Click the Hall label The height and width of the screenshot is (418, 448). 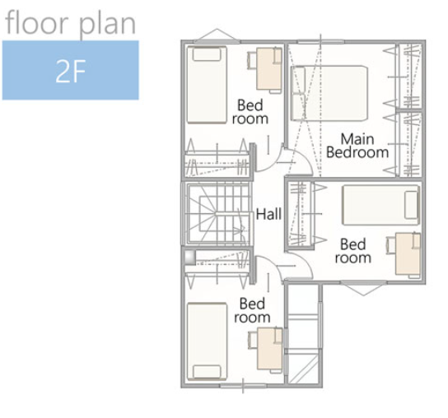pyautogui.click(x=268, y=214)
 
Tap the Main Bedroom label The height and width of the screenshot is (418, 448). pyautogui.click(x=357, y=146)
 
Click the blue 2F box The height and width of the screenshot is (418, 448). pyautogui.click(x=71, y=70)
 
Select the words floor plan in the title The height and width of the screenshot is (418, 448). pyautogui.click(x=70, y=23)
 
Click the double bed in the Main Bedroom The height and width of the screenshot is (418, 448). pyautogui.click(x=329, y=93)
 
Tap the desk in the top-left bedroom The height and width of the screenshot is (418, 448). pyautogui.click(x=268, y=69)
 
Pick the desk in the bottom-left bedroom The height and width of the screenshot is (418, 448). pyautogui.click(x=270, y=349)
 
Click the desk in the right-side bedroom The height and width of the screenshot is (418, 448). pyautogui.click(x=408, y=254)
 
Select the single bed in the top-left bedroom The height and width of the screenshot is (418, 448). pyautogui.click(x=207, y=85)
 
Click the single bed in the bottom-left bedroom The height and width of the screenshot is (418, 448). pyautogui.click(x=207, y=341)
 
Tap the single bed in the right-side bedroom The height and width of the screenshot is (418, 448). pyautogui.click(x=380, y=205)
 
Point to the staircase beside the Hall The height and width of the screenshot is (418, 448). pyautogui.click(x=217, y=213)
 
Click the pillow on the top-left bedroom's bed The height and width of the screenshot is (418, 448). pyautogui.click(x=207, y=54)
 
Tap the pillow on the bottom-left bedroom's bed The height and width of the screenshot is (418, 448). pyautogui.click(x=207, y=372)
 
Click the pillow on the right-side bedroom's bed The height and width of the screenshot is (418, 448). pyautogui.click(x=411, y=205)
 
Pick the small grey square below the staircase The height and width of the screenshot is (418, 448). pyautogui.click(x=189, y=258)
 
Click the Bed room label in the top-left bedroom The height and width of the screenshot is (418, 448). pyautogui.click(x=250, y=112)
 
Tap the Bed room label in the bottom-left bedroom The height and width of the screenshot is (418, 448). pyautogui.click(x=252, y=310)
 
